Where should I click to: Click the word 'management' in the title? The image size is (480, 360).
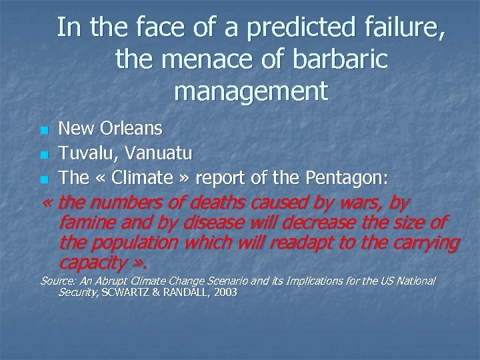point(251,91)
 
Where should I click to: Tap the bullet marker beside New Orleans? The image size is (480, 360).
point(44,129)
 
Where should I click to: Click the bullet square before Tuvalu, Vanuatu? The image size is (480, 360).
point(44,155)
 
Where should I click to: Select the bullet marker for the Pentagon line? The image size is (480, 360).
point(44,179)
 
